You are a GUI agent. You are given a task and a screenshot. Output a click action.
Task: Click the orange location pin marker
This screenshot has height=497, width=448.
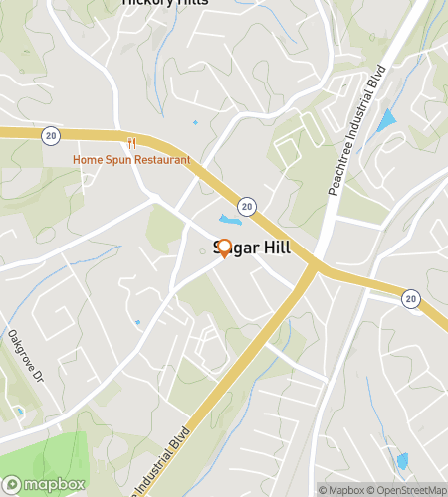click(x=224, y=248)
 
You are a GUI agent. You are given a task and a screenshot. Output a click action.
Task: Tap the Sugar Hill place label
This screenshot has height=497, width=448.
click(x=253, y=248)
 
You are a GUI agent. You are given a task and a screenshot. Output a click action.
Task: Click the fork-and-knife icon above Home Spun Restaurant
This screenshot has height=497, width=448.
click(x=130, y=142)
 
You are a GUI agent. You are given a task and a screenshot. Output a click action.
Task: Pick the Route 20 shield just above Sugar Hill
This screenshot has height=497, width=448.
click(x=247, y=206)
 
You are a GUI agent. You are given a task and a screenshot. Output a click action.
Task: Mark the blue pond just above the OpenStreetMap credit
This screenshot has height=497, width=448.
click(x=402, y=461)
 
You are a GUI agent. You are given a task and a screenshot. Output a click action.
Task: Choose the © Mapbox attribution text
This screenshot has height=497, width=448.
click(x=341, y=489)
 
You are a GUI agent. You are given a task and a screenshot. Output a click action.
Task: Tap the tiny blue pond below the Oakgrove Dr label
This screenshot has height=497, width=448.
click(x=18, y=411)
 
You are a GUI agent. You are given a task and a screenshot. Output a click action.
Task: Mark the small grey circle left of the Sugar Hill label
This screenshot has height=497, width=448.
click(x=202, y=250)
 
